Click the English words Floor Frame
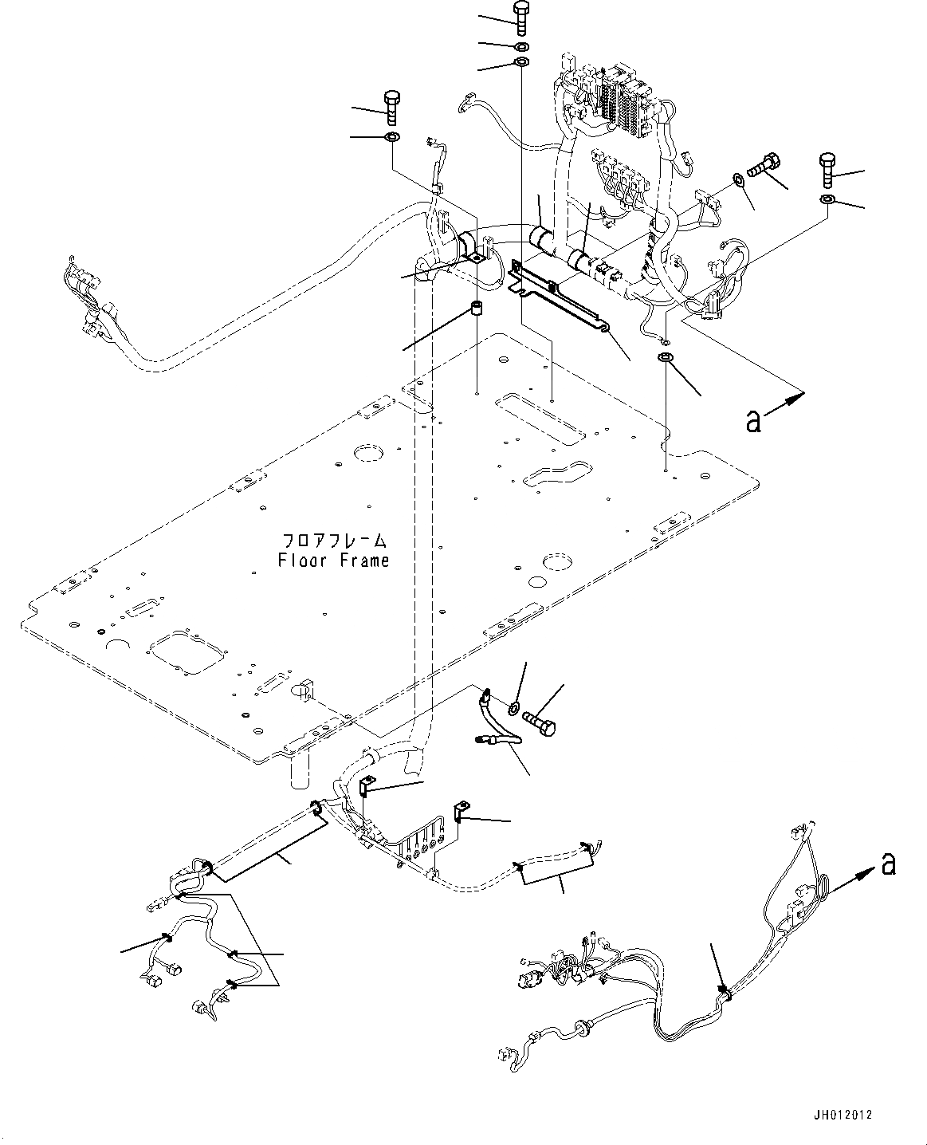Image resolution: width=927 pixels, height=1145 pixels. pos(334,561)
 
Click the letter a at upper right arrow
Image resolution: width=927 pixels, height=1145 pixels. pos(753,420)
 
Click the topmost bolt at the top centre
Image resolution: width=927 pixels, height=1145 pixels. pos(520,17)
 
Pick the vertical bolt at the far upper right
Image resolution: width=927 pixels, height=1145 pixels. pos(827,171)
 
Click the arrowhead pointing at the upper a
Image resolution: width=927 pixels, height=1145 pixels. pos(798,394)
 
